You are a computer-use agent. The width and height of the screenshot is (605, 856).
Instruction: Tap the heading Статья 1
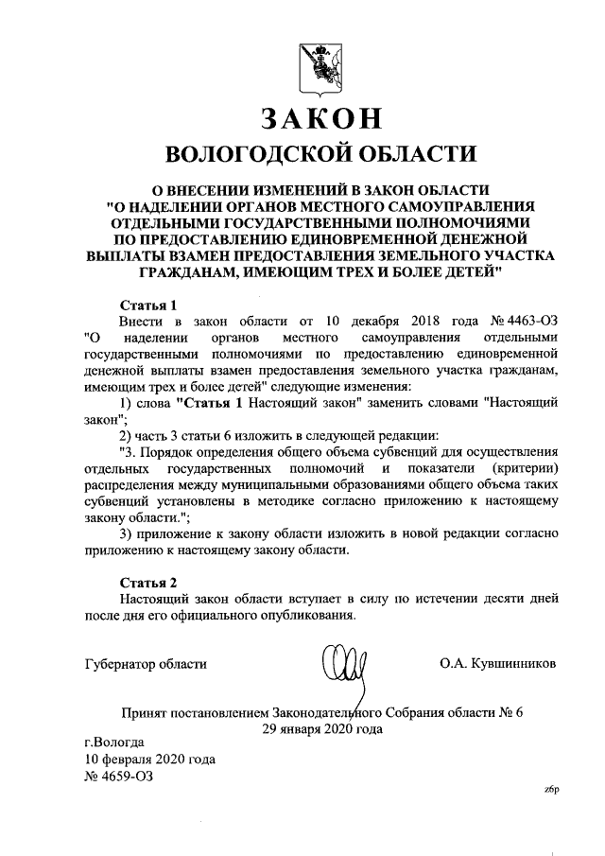click(149, 306)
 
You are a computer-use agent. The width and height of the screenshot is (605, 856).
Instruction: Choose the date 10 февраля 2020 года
click(149, 759)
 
